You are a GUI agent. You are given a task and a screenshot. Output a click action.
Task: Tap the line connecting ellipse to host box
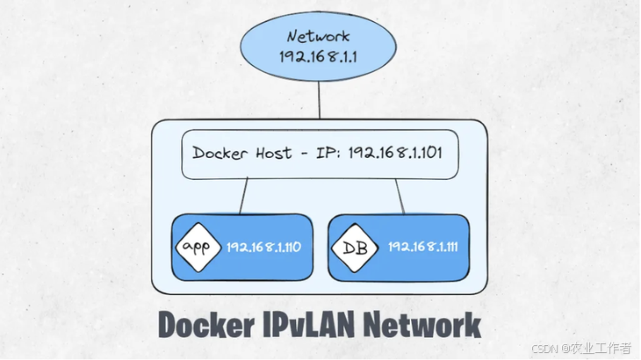pyautogui.click(x=320, y=102)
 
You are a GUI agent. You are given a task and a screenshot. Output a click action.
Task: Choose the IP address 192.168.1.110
pyautogui.click(x=263, y=248)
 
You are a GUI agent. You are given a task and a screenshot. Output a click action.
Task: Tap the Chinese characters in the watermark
pyautogui.click(x=598, y=348)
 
